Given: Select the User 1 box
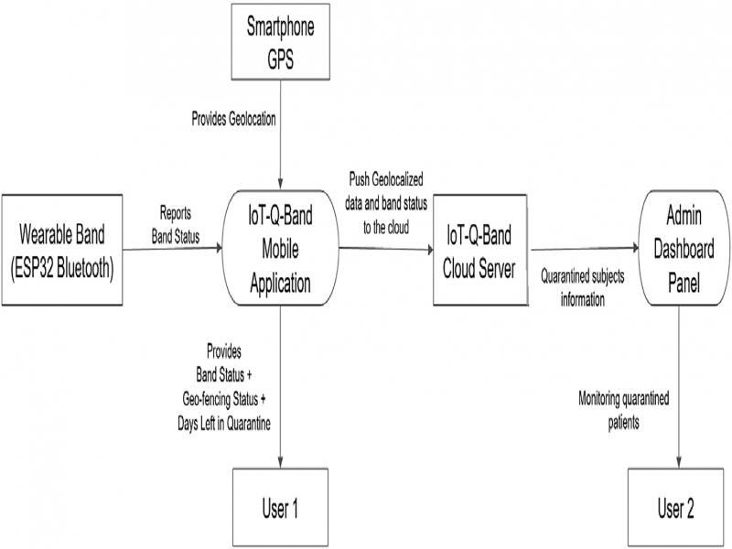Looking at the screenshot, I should click(281, 507).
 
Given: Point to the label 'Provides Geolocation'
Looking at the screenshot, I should click(232, 119).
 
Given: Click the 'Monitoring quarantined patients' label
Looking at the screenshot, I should click(623, 408).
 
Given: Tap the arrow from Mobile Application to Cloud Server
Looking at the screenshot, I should click(386, 248).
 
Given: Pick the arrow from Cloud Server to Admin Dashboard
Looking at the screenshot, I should click(586, 248).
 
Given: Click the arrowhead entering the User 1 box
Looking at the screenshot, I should click(281, 461).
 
